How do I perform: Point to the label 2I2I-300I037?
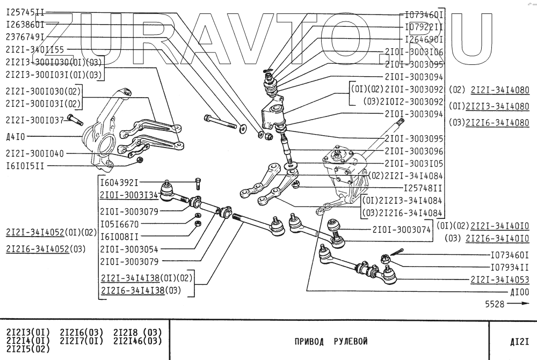point(35,120)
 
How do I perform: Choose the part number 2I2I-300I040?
point(35,153)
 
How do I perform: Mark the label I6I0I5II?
point(25,166)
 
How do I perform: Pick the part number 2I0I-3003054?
point(129,249)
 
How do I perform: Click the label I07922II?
point(423,26)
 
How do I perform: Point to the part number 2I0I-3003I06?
point(414,52)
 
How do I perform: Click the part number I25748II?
point(423,188)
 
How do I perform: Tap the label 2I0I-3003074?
point(401,230)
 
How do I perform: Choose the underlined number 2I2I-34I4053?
point(499,280)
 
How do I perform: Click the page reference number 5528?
point(495,304)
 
